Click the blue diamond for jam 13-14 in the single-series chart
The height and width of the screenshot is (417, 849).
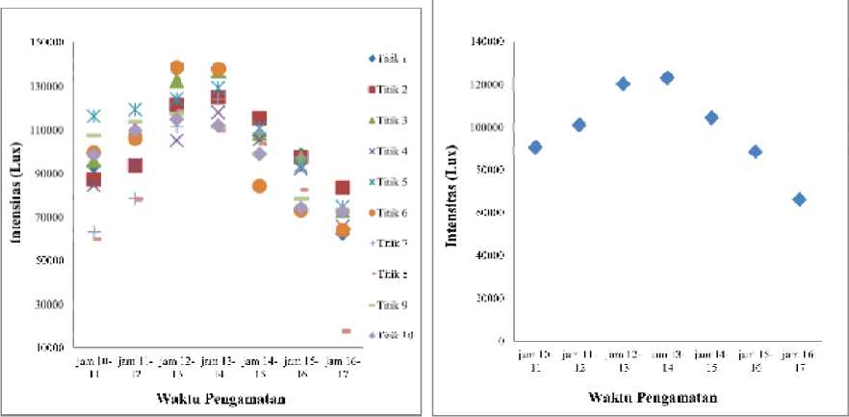(667, 78)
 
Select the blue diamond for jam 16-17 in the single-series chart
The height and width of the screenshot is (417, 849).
(799, 199)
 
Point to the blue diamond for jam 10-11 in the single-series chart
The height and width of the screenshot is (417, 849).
(535, 147)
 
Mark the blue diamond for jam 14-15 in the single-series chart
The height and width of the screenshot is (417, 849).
(711, 117)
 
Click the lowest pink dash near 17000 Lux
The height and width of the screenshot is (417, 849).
(346, 331)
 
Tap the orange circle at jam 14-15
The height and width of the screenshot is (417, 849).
(259, 186)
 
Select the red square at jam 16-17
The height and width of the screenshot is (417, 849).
(344, 188)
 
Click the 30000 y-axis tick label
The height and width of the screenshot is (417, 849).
(49, 304)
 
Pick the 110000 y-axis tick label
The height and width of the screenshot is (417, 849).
(47, 130)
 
